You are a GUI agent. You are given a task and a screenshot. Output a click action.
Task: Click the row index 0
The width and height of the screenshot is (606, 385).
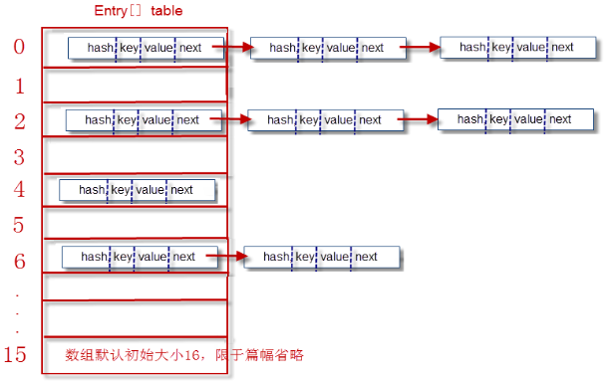(19, 47)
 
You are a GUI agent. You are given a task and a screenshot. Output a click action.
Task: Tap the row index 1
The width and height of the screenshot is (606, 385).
(19, 86)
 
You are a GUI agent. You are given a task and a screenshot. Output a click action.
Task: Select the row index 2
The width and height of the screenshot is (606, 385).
(19, 120)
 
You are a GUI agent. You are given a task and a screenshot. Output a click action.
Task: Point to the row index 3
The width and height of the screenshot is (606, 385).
(19, 156)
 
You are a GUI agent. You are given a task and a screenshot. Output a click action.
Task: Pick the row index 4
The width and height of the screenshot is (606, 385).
(19, 189)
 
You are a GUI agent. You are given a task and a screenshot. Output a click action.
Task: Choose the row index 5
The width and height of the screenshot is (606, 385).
(19, 224)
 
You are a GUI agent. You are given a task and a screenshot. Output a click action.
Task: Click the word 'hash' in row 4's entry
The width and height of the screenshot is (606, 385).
(92, 189)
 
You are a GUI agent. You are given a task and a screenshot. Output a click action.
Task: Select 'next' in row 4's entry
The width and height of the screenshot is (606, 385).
(181, 189)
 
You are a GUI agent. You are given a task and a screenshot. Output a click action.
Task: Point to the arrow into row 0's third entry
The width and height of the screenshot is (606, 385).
(422, 47)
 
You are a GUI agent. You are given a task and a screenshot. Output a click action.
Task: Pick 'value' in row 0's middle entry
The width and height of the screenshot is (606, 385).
(341, 47)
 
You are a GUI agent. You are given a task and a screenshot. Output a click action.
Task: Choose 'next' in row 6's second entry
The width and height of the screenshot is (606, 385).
(366, 257)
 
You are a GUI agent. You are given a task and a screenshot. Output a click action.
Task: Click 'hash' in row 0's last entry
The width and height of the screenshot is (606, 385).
(464, 47)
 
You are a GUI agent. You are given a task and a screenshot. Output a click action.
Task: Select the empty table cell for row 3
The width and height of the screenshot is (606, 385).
(134, 156)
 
